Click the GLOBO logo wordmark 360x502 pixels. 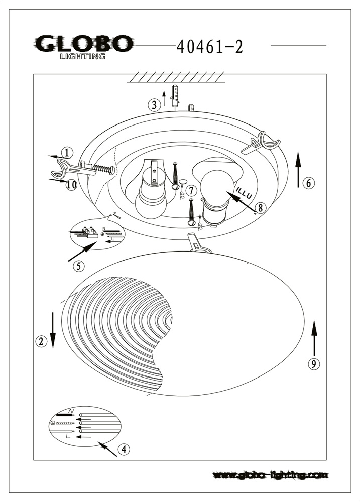83,44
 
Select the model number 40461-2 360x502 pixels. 210,47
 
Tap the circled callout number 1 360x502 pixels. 67,153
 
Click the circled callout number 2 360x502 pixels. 42,341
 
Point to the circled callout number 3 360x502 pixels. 155,105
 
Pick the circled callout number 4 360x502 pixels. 124,450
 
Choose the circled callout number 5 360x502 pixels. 78,266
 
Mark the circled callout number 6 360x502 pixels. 309,183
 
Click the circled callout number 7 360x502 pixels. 191,190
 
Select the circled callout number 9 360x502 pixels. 313,364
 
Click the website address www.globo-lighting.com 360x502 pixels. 271,474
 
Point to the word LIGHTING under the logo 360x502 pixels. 83,56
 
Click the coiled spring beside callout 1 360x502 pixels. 102,169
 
